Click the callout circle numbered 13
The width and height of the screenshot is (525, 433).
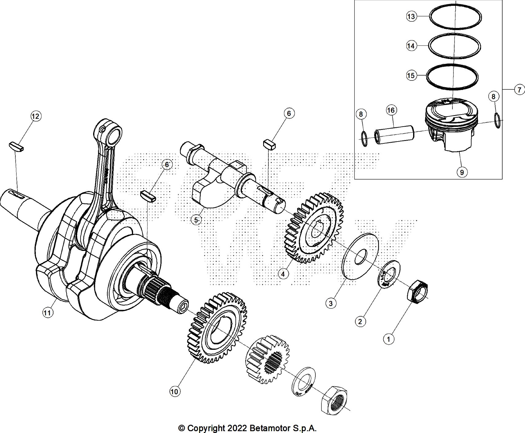click(411, 16)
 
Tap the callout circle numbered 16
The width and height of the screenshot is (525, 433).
click(391, 110)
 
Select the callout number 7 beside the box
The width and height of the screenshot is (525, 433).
click(519, 90)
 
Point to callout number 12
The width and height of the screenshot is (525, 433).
click(36, 116)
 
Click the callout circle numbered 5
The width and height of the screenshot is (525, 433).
click(197, 220)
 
